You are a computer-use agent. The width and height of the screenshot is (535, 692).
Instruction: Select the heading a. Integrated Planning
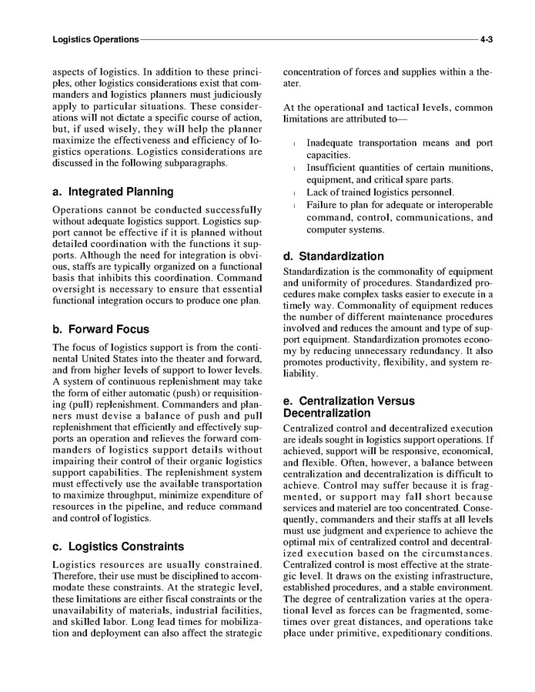(112, 192)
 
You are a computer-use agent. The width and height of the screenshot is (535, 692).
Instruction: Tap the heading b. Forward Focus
(100, 329)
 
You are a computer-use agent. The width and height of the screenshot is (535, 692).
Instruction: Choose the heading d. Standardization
(333, 256)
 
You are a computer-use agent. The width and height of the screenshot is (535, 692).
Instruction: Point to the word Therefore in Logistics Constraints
(75, 579)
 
